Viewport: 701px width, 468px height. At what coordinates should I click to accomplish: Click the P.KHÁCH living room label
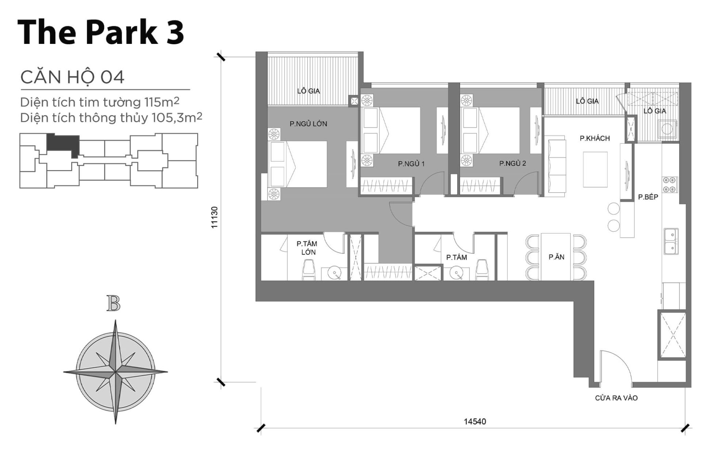(x=594, y=138)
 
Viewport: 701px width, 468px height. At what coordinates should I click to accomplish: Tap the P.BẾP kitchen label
(x=648, y=197)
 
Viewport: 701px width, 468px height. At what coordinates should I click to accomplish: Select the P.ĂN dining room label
(x=556, y=257)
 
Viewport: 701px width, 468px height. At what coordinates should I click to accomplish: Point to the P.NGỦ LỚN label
(x=308, y=124)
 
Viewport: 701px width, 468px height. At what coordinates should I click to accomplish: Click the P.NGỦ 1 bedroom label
(x=411, y=164)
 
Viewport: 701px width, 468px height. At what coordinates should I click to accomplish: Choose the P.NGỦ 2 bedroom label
(x=512, y=163)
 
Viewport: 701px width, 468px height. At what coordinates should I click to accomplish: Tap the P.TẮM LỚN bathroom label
(x=307, y=248)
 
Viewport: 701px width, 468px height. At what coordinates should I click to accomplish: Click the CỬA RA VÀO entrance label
(x=616, y=398)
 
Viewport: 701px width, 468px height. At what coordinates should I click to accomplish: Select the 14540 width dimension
(x=475, y=422)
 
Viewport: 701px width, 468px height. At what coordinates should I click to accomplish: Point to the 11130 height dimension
(x=214, y=218)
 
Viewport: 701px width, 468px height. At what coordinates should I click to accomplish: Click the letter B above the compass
(x=114, y=303)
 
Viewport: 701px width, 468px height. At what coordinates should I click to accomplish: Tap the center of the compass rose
(x=115, y=372)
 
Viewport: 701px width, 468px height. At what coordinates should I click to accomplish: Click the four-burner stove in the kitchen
(x=670, y=185)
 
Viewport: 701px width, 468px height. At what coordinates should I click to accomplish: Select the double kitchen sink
(x=671, y=241)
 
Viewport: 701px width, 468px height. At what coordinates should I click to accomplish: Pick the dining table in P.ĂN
(x=556, y=257)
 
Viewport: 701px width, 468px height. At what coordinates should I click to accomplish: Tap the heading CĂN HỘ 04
(x=72, y=78)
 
